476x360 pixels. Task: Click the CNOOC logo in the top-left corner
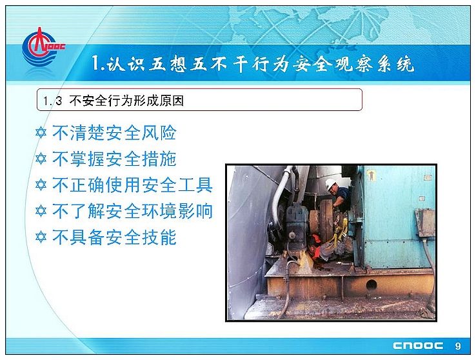point(43,48)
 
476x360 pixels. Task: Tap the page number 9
point(458,346)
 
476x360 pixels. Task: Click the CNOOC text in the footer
point(418,346)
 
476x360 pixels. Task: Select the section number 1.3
point(52,101)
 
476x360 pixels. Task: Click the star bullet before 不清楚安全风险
point(41,133)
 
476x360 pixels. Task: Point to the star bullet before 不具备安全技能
point(41,237)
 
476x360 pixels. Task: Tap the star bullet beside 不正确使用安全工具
point(41,185)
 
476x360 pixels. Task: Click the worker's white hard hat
point(330,184)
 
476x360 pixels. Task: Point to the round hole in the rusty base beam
point(372,285)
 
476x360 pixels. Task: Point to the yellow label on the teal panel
point(371,175)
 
